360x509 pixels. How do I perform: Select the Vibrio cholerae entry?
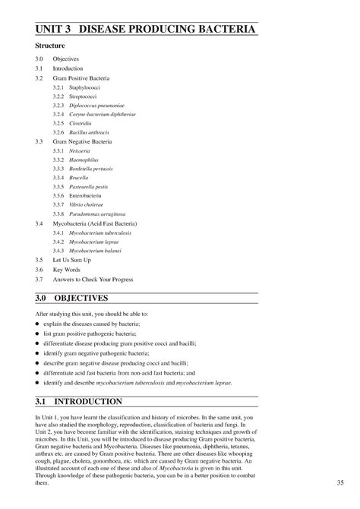(x=87, y=205)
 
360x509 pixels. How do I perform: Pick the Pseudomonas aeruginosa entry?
(x=97, y=215)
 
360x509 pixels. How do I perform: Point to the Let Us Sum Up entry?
(x=71, y=259)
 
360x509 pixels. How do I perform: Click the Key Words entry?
(x=66, y=269)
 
